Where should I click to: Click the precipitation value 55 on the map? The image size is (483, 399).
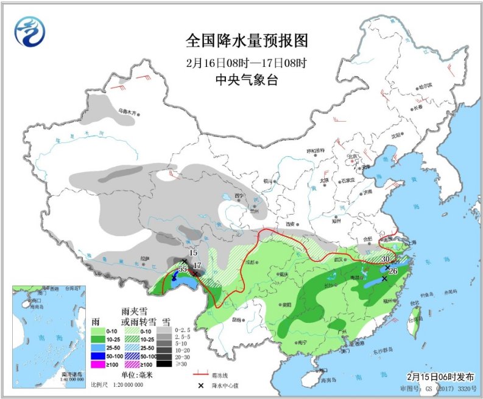pos(182,268)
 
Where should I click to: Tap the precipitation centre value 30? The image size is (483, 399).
pos(384,259)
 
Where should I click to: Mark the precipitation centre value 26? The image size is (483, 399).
pos(393,271)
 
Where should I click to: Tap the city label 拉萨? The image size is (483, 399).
pos(144,258)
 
